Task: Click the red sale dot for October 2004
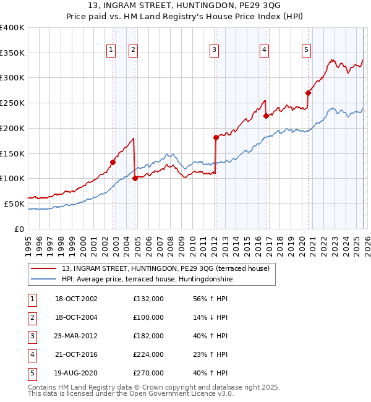[135, 179]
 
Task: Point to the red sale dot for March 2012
[216, 137]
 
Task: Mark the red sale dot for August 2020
[308, 93]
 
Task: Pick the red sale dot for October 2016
[266, 116]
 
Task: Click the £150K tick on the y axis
[12, 153]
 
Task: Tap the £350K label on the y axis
[12, 53]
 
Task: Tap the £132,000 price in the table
[148, 299]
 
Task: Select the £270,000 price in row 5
[148, 373]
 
